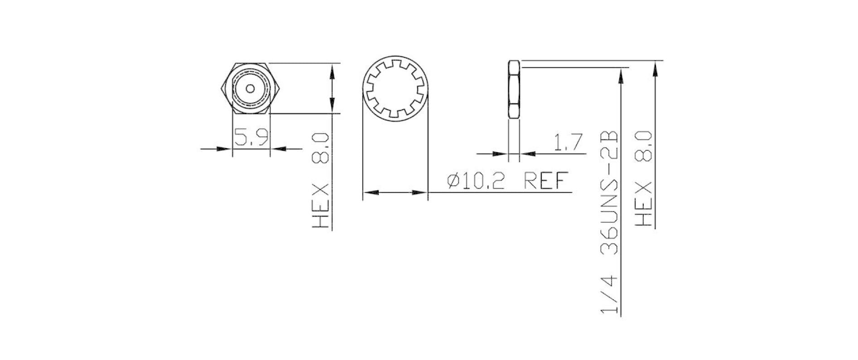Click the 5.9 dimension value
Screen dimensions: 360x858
(251, 137)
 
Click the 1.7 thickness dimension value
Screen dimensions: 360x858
(567, 143)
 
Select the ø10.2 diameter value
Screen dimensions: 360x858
(481, 181)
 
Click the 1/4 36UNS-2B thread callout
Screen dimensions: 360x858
(609, 222)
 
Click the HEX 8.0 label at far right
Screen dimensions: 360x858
(644, 178)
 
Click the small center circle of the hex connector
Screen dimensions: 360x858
(251, 89)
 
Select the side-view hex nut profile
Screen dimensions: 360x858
(514, 89)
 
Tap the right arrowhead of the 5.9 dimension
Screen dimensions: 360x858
(277, 148)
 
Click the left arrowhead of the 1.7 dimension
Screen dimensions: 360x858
(501, 154)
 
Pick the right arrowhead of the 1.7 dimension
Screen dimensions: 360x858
(526, 154)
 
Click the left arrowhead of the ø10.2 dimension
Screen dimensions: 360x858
(371, 192)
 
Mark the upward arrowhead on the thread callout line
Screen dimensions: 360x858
(621, 75)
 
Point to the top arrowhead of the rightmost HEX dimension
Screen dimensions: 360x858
(655, 68)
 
